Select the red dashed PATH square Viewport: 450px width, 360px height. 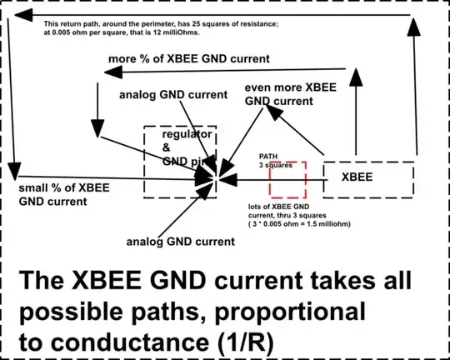(293, 178)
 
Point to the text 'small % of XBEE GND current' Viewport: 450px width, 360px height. (55, 195)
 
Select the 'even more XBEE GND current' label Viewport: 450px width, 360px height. (286, 93)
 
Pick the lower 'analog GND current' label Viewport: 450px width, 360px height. (180, 242)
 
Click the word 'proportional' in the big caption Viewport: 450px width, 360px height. (277, 312)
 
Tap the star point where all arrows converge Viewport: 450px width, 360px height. (216, 177)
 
